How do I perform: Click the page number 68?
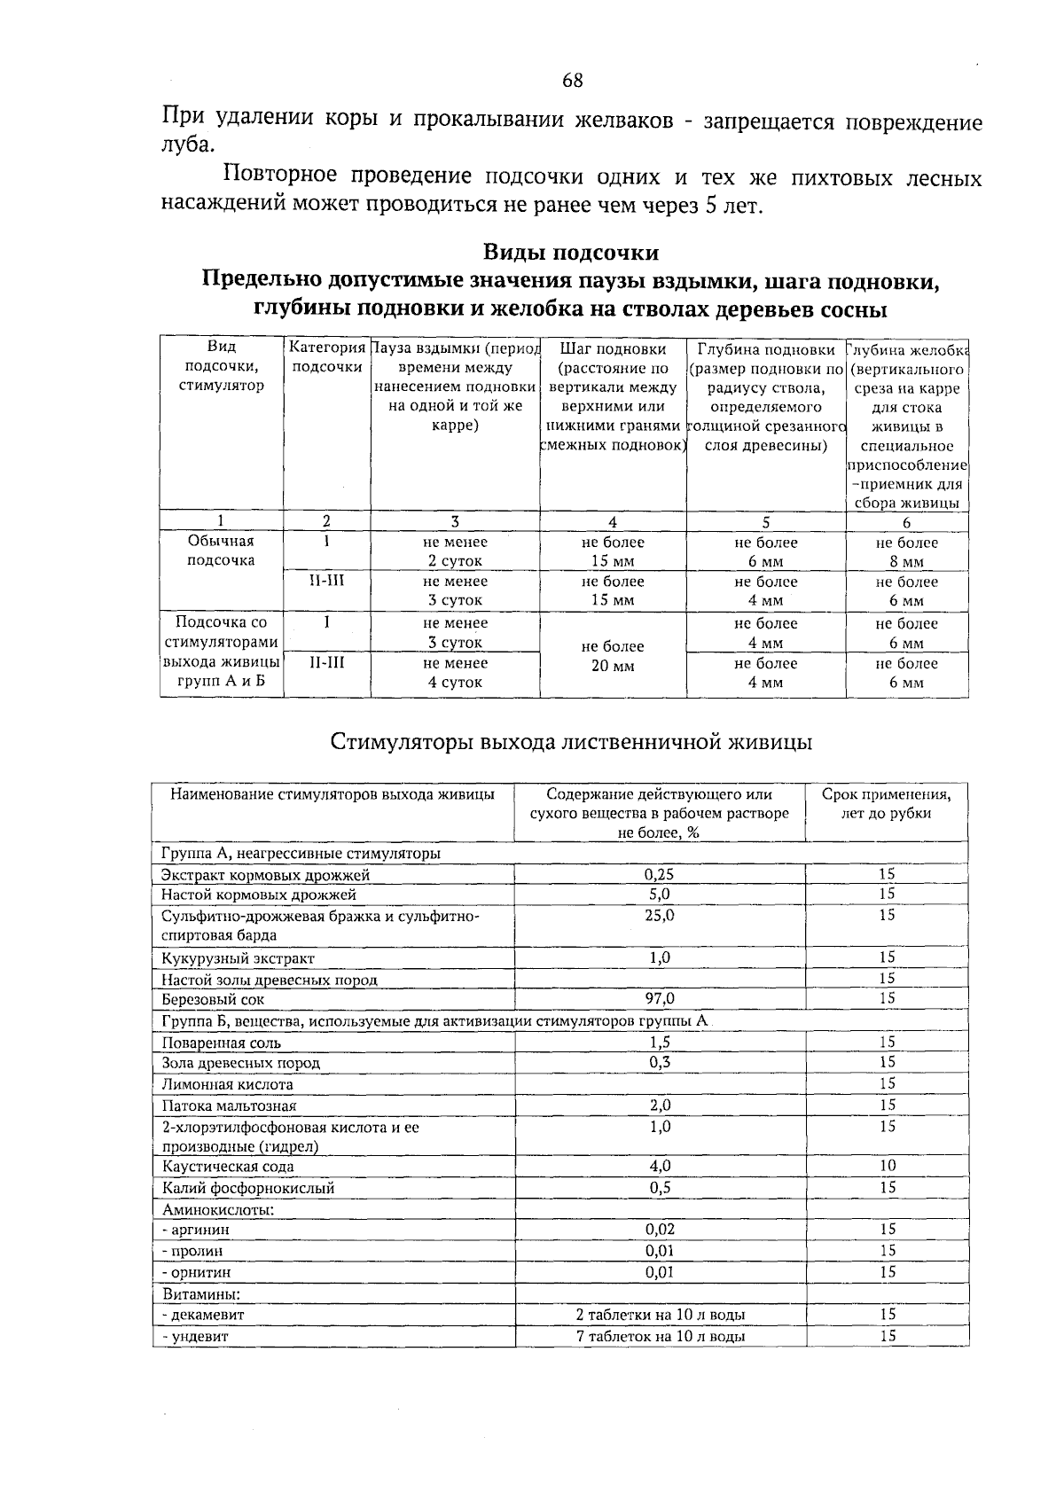click(x=573, y=81)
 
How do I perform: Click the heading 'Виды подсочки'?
click(x=570, y=253)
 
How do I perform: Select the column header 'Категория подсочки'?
click(x=327, y=358)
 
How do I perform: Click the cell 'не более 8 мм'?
click(x=906, y=552)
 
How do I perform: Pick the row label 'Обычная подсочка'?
click(x=221, y=551)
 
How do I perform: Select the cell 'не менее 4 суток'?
click(x=455, y=673)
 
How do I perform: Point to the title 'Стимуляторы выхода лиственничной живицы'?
click(x=571, y=741)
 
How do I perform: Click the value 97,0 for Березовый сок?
click(x=659, y=999)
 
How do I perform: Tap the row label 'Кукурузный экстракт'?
click(x=238, y=958)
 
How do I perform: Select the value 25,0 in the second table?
click(x=659, y=915)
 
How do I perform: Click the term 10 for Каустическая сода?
click(x=888, y=1166)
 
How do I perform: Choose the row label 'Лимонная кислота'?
click(x=228, y=1084)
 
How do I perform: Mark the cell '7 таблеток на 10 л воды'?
click(x=660, y=1336)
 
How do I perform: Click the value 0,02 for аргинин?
click(x=659, y=1230)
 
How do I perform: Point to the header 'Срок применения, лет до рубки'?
click(x=886, y=803)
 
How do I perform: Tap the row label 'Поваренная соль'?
click(x=222, y=1043)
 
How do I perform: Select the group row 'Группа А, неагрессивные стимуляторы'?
click(x=301, y=854)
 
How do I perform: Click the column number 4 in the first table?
click(x=613, y=522)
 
